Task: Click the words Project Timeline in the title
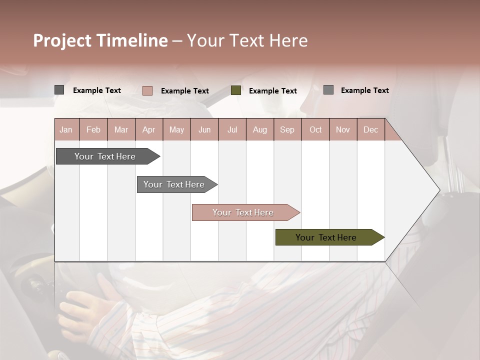tap(100, 40)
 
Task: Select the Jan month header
tap(66, 129)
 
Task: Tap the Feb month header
tap(93, 129)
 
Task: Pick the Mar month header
tap(121, 129)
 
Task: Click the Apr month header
tap(149, 129)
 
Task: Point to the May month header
tap(176, 129)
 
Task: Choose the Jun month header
tap(204, 129)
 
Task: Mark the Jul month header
tap(232, 129)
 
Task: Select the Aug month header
tap(260, 129)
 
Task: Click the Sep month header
tap(287, 129)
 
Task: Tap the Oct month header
tap(315, 129)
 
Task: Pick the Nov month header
tap(343, 129)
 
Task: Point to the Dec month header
tap(370, 129)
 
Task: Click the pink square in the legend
tap(147, 90)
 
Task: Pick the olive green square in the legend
tap(236, 90)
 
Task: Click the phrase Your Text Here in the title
tap(247, 40)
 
